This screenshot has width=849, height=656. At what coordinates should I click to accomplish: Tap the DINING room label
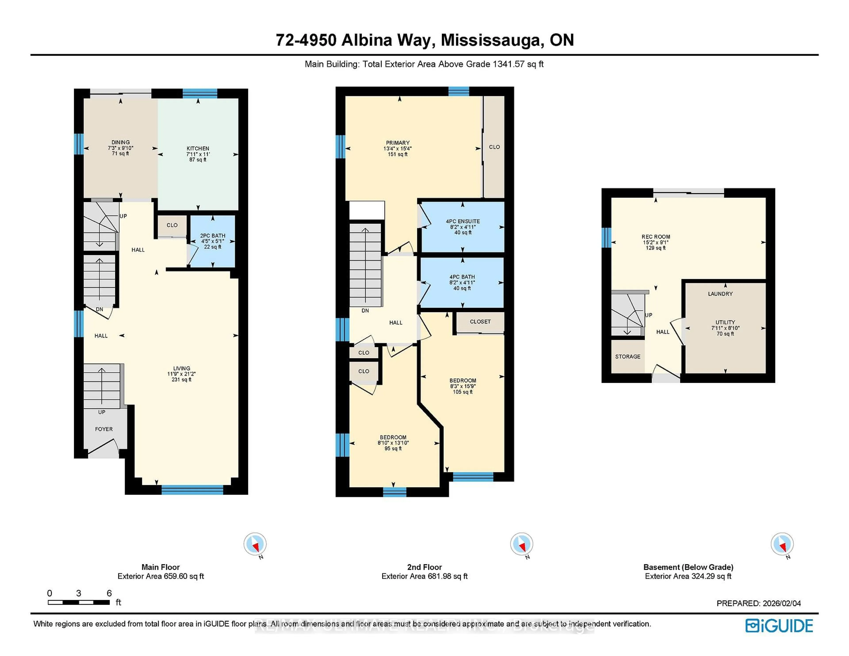click(120, 142)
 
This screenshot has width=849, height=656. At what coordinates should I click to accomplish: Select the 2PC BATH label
click(213, 236)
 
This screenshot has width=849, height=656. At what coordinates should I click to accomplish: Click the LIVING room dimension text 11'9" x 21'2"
click(182, 374)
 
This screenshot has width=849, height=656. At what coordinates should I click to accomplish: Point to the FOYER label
click(104, 429)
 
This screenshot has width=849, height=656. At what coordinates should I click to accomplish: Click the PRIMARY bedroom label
click(398, 143)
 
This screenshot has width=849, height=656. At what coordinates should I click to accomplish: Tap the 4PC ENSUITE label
click(463, 221)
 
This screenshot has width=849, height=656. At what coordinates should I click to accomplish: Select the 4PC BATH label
click(462, 277)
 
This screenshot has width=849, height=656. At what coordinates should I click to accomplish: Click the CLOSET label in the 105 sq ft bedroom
click(480, 321)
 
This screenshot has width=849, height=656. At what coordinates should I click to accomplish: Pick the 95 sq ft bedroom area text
click(393, 448)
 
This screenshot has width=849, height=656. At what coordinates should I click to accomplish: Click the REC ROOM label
click(656, 237)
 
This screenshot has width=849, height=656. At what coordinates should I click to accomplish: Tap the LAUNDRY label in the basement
click(720, 294)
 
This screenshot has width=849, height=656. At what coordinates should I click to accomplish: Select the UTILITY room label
click(725, 322)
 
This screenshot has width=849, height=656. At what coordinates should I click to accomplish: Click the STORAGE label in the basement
click(627, 356)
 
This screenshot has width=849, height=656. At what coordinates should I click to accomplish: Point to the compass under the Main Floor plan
click(255, 544)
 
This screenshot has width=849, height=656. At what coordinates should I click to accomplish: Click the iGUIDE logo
click(779, 626)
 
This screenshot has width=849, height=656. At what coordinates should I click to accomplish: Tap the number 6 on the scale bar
click(109, 593)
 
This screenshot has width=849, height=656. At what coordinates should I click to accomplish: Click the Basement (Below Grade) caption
click(688, 567)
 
